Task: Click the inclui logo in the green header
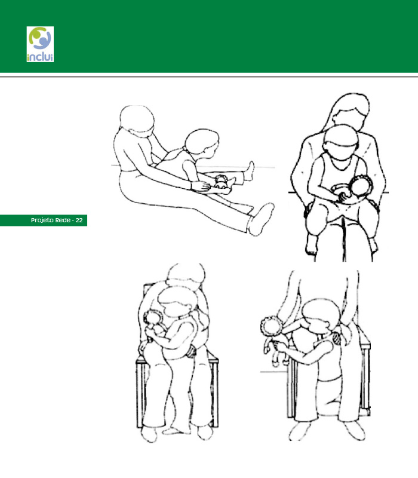(40, 44)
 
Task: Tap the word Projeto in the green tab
(42, 220)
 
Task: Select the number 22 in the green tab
(79, 220)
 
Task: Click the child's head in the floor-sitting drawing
(202, 142)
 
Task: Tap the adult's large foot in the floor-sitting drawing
(260, 219)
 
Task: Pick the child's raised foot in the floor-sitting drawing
(250, 171)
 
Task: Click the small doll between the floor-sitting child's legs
(222, 182)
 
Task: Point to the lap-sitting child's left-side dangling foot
(311, 244)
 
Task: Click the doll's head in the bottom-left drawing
(152, 318)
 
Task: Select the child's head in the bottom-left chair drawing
(177, 302)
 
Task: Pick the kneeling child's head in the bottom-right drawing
(321, 315)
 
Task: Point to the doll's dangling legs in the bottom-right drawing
(276, 354)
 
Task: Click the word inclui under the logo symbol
(40, 57)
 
